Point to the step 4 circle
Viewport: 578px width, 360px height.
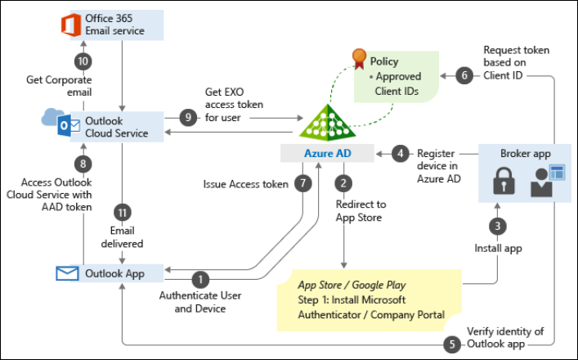coord(400,153)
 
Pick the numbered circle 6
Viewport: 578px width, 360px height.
coord(464,75)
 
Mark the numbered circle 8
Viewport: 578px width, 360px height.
coord(83,164)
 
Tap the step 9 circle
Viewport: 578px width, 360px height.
coord(189,118)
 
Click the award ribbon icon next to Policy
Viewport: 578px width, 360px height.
coord(357,58)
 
